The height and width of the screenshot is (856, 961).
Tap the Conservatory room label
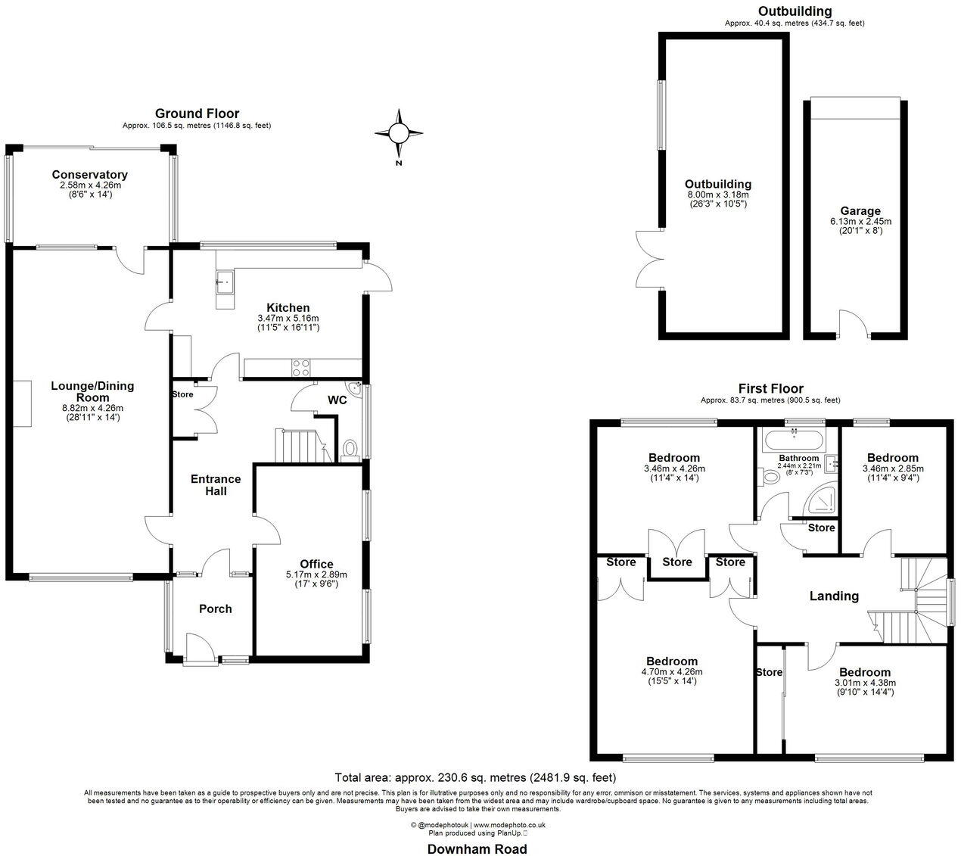coord(89,175)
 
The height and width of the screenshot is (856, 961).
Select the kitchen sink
coord(225,283)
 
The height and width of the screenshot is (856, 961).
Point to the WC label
coord(337,400)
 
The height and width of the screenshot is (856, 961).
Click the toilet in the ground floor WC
coord(350,450)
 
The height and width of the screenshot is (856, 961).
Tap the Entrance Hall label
coord(215,484)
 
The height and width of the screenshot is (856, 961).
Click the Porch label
coord(215,609)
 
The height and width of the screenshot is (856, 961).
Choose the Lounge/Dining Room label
coord(92,391)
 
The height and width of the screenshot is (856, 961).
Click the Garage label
coord(860,211)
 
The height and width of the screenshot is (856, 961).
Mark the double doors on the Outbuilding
coord(649,257)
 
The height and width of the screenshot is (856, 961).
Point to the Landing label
coord(834,596)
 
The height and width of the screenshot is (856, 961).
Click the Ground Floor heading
coord(197,114)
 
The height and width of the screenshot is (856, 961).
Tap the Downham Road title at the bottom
coord(477,848)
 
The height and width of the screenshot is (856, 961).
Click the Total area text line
coord(475,777)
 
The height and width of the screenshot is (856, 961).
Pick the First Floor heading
coord(770,388)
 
